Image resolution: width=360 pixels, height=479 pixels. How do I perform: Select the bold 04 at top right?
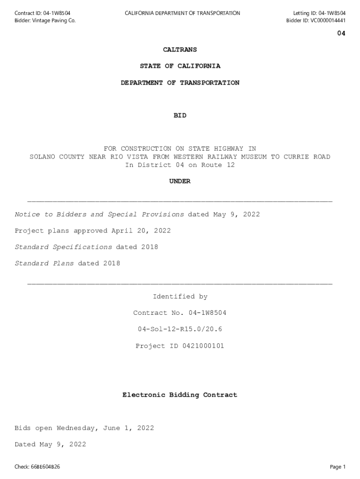[341, 33]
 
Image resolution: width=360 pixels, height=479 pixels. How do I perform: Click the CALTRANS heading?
[180, 50]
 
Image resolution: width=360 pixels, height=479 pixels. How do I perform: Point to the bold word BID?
[180, 116]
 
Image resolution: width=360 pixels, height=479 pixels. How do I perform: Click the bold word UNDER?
[180, 181]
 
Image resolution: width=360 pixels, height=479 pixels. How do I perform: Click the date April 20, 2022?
[141, 231]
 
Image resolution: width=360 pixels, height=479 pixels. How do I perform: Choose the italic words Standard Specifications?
[63, 247]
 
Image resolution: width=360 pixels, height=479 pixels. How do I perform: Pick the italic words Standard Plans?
[44, 263]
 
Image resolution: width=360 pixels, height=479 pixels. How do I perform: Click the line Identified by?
[180, 297]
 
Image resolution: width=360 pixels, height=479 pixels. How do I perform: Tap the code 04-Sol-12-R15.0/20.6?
[180, 329]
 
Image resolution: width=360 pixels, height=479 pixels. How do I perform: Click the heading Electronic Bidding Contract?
[180, 395]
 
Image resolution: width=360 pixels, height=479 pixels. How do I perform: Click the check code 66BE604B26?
[45, 467]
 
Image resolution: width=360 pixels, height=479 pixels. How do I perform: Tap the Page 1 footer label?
[338, 467]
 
